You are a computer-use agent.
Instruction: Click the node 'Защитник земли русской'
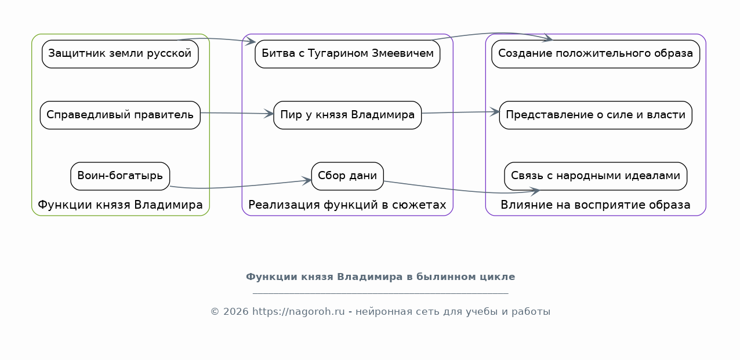tap(120, 54)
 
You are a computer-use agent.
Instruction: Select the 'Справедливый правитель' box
tap(120, 115)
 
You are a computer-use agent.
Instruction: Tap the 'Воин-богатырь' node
tap(120, 176)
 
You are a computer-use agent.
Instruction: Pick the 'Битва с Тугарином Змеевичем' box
tap(347, 54)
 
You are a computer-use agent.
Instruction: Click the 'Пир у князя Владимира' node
tap(347, 115)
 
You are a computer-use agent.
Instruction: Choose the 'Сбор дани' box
tap(347, 176)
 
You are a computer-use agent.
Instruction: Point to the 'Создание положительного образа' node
tap(595, 54)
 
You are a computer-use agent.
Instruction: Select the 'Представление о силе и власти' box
tap(595, 115)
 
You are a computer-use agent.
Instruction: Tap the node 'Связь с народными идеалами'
tap(595, 176)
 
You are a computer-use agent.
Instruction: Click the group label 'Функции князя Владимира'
tap(120, 205)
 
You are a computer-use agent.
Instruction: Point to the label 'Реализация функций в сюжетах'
tap(347, 205)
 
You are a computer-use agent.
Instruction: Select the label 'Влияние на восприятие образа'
tap(595, 205)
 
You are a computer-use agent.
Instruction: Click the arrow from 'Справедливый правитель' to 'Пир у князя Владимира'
tap(237, 113)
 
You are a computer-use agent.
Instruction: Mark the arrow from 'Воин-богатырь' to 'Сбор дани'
tap(241, 186)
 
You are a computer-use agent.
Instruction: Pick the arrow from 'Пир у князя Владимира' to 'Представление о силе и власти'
tap(460, 112)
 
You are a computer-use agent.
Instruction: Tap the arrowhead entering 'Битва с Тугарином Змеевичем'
tap(250, 41)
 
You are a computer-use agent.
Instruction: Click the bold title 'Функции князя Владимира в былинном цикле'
tap(380, 277)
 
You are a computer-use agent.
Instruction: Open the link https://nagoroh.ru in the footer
tap(298, 312)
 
